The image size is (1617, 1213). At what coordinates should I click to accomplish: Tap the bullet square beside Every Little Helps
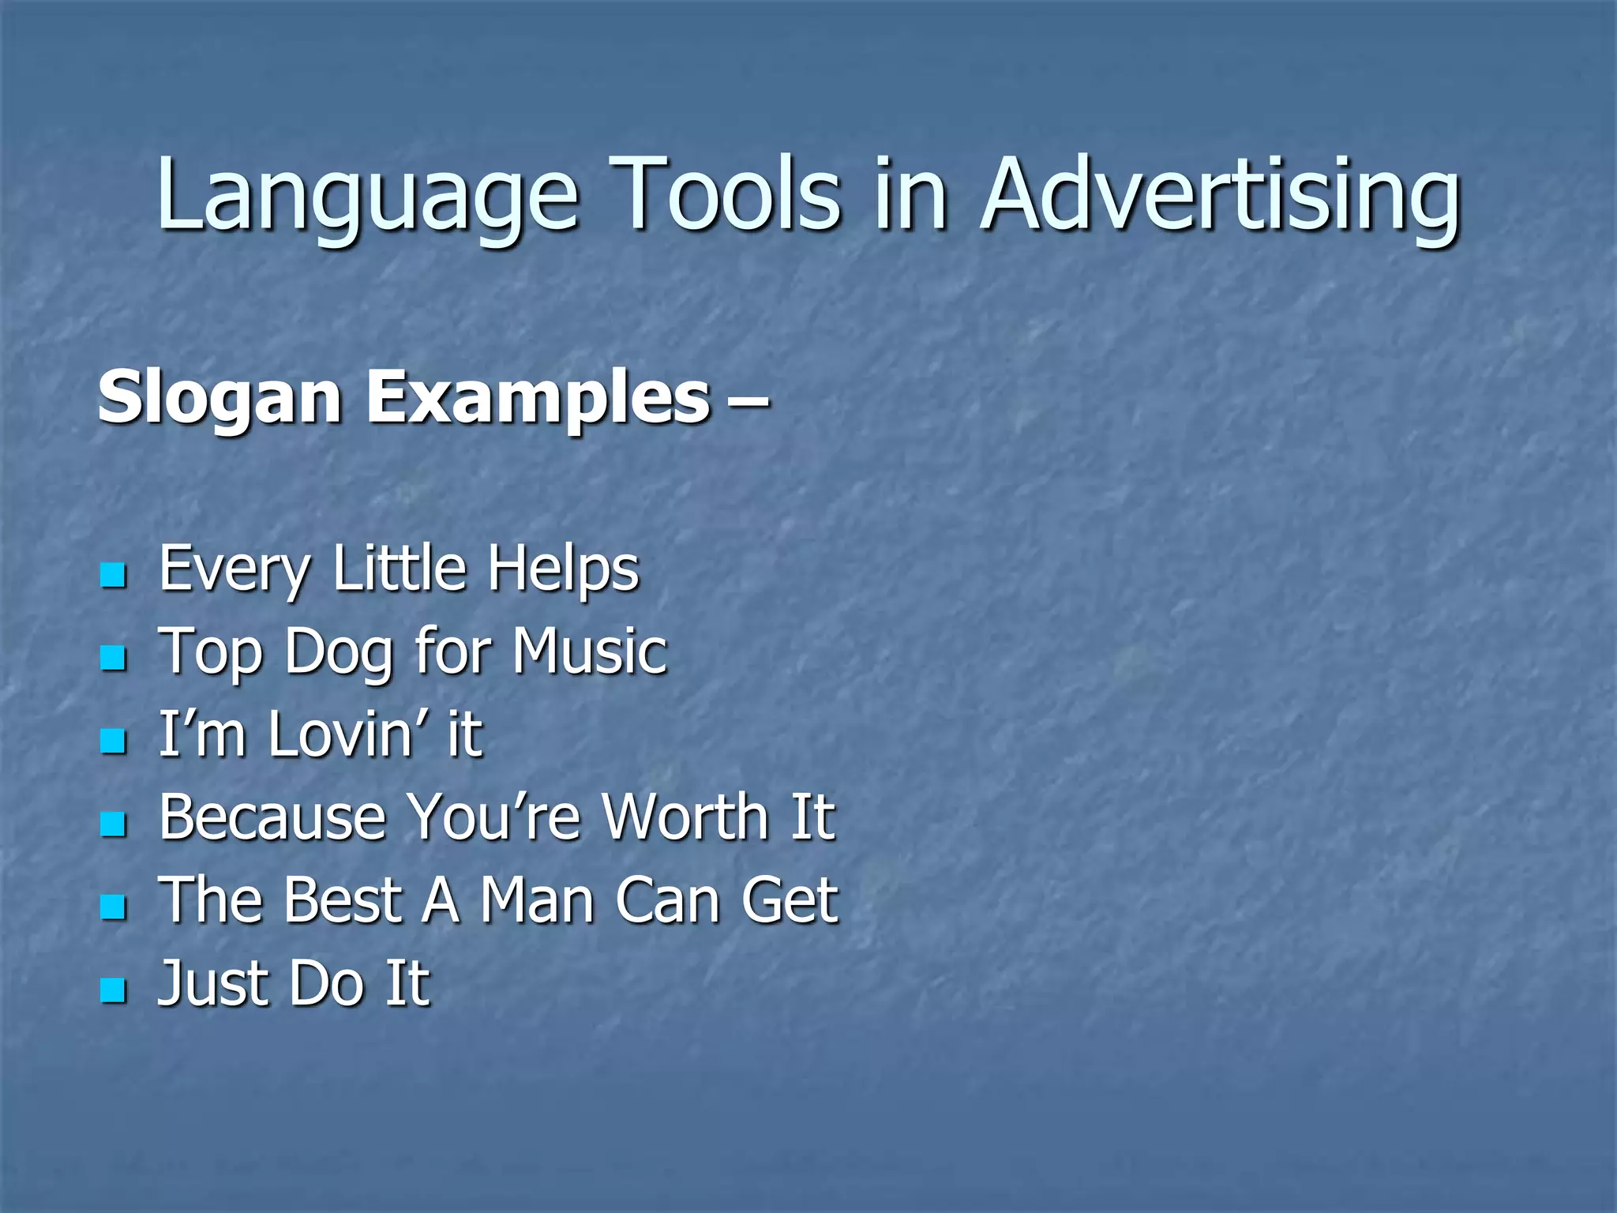coord(114,575)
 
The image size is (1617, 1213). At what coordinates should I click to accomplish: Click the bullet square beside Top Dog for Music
coord(114,658)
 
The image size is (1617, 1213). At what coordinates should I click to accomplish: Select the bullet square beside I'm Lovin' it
coord(114,741)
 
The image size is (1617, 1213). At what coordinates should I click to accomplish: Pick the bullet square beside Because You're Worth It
coord(114,824)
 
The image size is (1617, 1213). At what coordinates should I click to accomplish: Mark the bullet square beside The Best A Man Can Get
coord(114,907)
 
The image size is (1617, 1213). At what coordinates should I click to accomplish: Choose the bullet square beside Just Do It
coord(114,990)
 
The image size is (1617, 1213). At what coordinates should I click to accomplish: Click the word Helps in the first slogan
coord(562,569)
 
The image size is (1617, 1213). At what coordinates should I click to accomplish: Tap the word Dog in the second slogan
coord(338,652)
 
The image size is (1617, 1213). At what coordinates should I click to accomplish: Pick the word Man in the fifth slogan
coord(537,900)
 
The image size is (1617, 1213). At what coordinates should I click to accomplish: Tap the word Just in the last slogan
coord(208,984)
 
